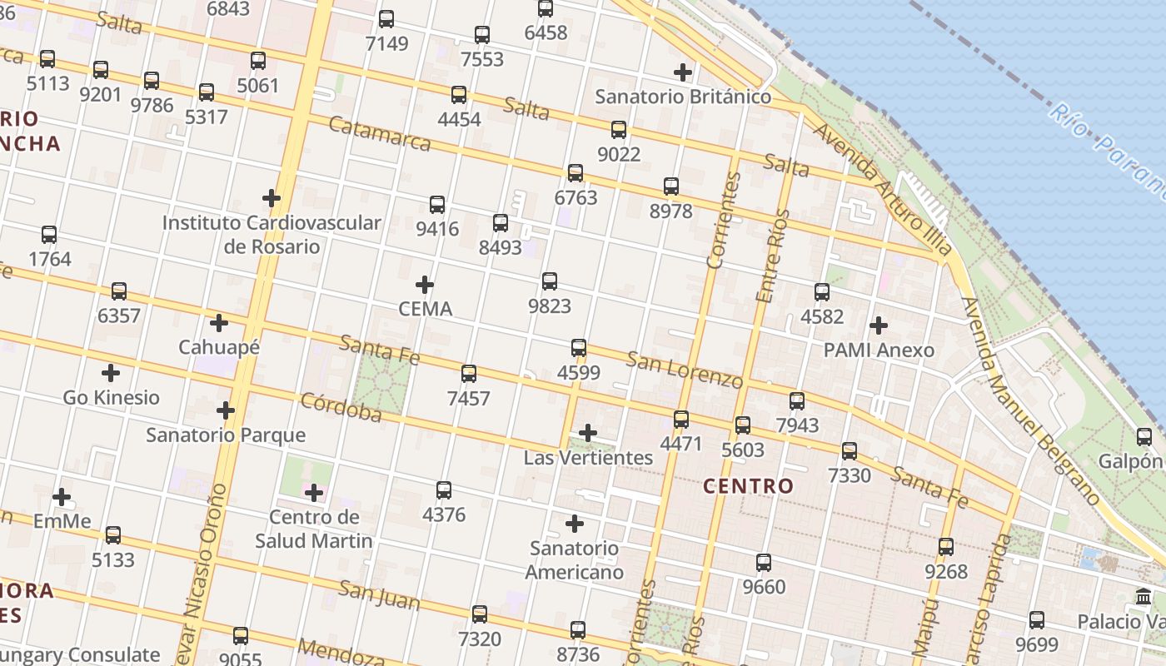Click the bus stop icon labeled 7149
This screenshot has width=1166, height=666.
tap(386, 19)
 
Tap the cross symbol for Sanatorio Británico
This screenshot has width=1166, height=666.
tap(683, 72)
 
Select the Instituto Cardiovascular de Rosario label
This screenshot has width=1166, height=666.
tap(272, 235)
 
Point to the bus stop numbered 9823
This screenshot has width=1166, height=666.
tap(550, 281)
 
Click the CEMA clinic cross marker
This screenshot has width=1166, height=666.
tap(425, 285)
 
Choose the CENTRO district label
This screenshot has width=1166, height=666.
tap(749, 486)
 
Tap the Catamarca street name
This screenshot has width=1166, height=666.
tap(380, 134)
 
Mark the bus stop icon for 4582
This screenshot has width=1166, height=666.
tap(822, 292)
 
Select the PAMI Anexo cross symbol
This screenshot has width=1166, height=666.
tap(879, 326)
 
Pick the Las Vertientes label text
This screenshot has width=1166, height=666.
tap(588, 458)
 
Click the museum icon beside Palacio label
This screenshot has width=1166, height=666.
tap(1144, 597)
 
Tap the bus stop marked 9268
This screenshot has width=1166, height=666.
tap(946, 547)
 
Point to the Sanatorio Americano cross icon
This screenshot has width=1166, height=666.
tap(575, 524)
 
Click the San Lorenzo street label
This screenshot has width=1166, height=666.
tap(685, 370)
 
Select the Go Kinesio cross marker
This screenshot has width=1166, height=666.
tap(110, 373)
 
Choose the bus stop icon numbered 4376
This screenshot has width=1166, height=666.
tap(444, 490)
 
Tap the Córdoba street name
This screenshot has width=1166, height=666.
tap(341, 407)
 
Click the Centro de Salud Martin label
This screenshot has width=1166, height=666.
tap(313, 529)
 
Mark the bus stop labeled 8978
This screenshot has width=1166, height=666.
tap(671, 186)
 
